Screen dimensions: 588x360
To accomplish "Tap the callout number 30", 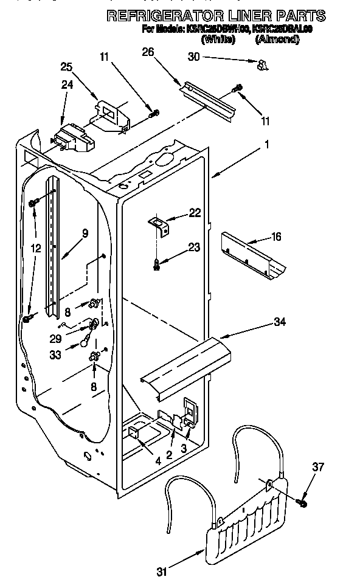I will (x=193, y=57).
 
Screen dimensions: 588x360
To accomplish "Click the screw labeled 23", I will (x=158, y=263).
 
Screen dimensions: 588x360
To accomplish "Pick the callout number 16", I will (x=276, y=237).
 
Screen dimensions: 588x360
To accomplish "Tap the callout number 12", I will (x=36, y=248).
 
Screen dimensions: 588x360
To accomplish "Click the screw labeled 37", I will (x=302, y=502).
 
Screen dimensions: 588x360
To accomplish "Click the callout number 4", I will (x=157, y=460).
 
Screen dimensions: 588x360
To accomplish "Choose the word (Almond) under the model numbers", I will (x=277, y=39).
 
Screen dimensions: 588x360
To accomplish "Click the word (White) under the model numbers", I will (x=218, y=39).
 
